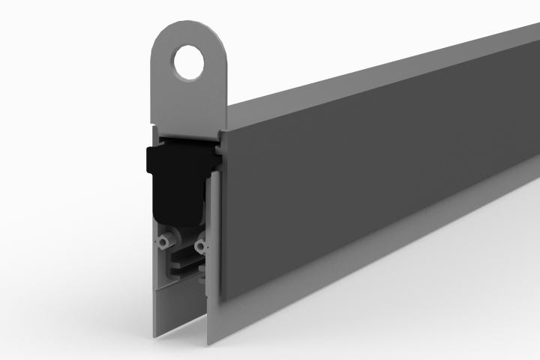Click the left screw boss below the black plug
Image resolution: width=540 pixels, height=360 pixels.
pyautogui.click(x=163, y=244)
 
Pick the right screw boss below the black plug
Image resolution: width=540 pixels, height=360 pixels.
pyautogui.click(x=199, y=244)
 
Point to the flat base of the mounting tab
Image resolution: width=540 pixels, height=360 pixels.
pyautogui.click(x=187, y=120)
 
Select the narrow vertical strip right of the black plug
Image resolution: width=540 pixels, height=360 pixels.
pyautogui.click(x=213, y=225)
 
